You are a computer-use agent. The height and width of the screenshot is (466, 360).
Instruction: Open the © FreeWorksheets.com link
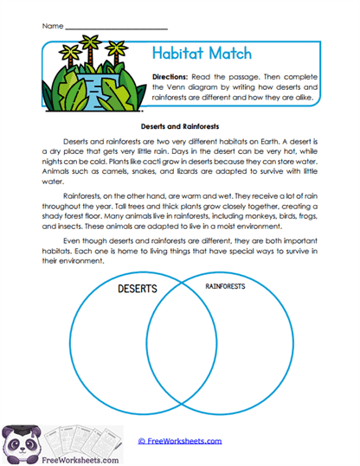click(181, 440)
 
